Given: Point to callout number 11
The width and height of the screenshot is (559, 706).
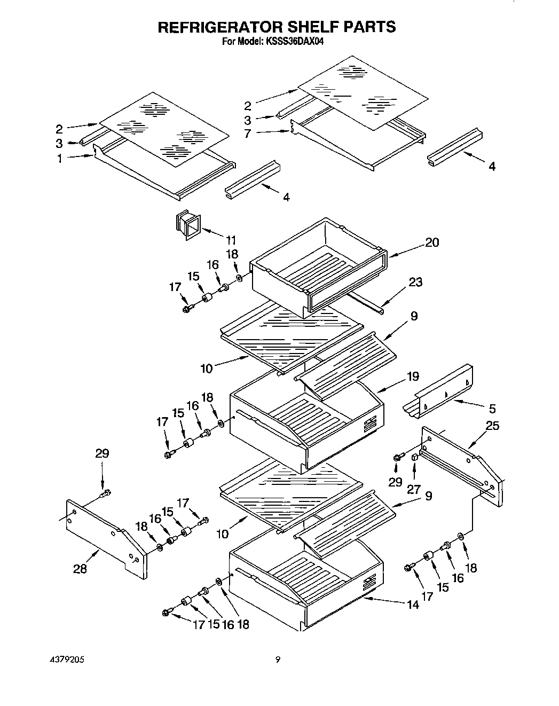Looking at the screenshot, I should [x=232, y=240].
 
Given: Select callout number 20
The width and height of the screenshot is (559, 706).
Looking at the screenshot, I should [x=432, y=242].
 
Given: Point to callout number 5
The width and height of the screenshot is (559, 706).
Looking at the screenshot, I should [x=492, y=409].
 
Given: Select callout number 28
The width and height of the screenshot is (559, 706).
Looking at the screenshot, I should [x=80, y=569].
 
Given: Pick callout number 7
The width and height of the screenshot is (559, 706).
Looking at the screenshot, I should [x=247, y=134].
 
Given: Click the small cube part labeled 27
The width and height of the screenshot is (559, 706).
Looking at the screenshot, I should [x=414, y=457].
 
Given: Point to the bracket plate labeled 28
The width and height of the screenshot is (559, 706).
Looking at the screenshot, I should [x=107, y=539].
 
